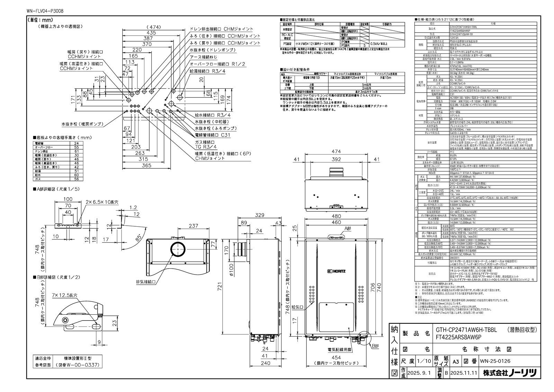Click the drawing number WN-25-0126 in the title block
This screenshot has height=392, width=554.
[x=495, y=361]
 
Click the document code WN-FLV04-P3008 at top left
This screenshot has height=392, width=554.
[x=45, y=11]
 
